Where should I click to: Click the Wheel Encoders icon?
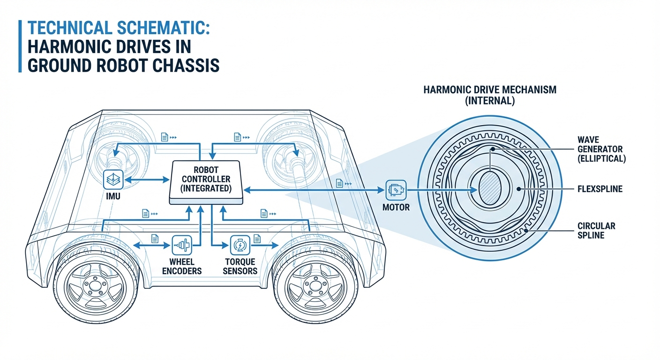coord(181,245)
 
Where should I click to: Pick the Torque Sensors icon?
coord(240,245)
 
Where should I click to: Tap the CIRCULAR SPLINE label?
coord(596,231)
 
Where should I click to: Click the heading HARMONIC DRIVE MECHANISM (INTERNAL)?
coord(490,95)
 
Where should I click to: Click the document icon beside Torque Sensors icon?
coord(257,239)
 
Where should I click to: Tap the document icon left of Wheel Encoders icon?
coord(154,239)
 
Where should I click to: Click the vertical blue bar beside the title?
coord(20,46)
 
